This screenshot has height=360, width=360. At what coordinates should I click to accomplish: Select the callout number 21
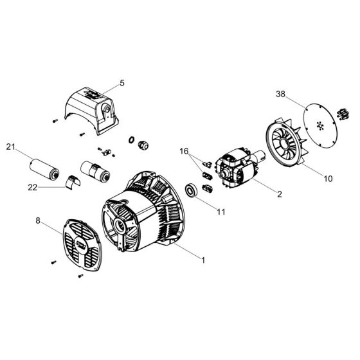coord(10,147)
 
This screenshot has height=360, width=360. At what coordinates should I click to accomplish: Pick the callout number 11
coord(221,210)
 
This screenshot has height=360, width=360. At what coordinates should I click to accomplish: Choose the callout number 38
coord(280,93)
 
